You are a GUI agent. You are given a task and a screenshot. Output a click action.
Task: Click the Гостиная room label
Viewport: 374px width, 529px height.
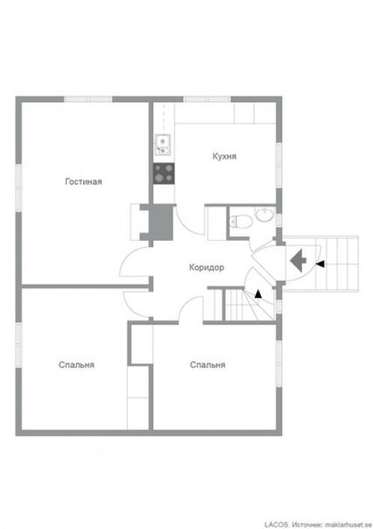coord(83,182)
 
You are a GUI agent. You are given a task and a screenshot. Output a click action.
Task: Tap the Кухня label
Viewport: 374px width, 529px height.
coord(224,156)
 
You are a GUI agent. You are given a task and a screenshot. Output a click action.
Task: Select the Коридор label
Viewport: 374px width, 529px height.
coord(206,268)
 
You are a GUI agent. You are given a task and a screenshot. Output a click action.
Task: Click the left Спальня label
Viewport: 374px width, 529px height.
coord(76,364)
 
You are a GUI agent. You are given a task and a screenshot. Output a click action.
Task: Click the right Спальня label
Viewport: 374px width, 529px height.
coord(207,364)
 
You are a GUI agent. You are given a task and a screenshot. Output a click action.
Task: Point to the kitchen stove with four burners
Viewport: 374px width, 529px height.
coord(164,174)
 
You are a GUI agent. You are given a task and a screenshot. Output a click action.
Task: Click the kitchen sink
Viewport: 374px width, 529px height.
coord(162,144)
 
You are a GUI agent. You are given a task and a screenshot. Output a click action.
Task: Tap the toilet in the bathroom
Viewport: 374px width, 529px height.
coord(241,221)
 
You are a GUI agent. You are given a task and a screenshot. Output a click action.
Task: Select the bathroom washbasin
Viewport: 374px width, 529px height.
coord(264,215)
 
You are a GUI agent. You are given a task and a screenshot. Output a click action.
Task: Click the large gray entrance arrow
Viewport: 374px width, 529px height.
coord(298,260)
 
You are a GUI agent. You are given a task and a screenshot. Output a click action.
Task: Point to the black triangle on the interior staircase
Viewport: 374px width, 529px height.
coord(258,294)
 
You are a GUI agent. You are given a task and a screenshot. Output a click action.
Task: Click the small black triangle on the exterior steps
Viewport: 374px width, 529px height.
coord(320,264)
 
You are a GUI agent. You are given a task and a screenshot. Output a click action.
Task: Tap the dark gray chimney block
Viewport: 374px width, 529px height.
coord(161,222)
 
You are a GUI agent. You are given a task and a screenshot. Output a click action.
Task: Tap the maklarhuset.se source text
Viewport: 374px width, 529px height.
coord(349,525)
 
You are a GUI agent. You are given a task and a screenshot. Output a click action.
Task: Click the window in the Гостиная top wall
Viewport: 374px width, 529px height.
coord(88,100)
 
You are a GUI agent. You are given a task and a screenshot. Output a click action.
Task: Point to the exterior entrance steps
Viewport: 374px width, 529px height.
coord(320,264)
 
